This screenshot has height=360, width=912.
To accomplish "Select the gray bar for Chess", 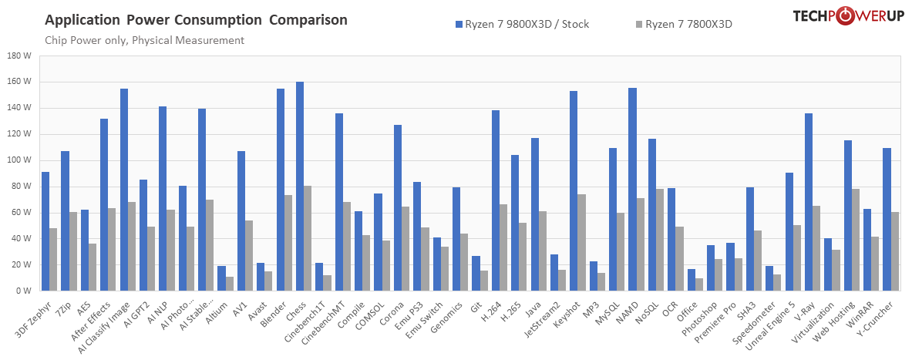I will [308, 238].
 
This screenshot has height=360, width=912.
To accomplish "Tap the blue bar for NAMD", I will [632, 190].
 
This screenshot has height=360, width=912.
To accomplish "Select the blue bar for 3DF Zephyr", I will [45, 231].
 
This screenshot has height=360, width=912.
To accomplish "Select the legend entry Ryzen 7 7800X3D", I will [683, 24].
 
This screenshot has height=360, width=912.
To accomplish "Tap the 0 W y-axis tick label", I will [22, 291].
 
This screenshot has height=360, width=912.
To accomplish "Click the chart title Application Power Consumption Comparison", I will [196, 19].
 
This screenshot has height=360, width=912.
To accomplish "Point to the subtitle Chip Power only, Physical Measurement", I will [144, 40].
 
